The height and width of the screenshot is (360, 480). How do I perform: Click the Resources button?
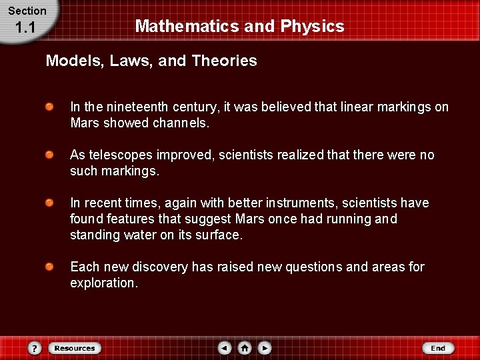tap(74, 348)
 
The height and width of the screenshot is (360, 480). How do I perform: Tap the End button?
tap(438, 348)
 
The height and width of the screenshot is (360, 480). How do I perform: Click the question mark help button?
tap(35, 348)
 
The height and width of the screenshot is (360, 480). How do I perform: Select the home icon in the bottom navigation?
tap(245, 348)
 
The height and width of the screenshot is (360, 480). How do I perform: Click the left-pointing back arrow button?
tap(225, 348)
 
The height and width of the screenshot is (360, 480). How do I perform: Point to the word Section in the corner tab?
tap(27, 11)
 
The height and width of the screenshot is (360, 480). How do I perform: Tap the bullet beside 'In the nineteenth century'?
tap(50, 107)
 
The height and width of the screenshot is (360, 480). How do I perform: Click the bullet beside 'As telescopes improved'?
tap(50, 155)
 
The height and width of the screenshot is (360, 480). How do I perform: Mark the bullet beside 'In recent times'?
tap(50, 203)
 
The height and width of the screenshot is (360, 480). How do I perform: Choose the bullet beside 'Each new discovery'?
tap(50, 267)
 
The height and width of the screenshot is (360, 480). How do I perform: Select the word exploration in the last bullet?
tap(103, 283)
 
